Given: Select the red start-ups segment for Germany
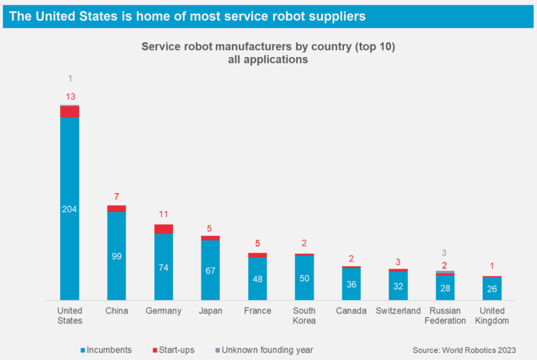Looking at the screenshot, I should pos(164,229).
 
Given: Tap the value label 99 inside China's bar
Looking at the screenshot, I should pos(116,256).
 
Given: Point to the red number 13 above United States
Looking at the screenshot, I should pos(70,97).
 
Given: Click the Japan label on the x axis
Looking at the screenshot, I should pos(210,311).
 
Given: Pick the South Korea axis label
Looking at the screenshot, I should pos(304,315).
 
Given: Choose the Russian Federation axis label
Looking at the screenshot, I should pos(445,315).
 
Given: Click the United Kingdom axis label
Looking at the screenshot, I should pos(492,315).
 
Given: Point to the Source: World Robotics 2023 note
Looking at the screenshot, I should pos(463,350).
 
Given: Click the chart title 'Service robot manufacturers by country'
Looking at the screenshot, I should pos(268,47).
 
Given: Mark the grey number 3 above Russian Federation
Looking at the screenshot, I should pos(445,253).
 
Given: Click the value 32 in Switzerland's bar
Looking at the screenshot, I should pos(398,286).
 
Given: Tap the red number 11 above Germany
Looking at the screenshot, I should pos(164,215).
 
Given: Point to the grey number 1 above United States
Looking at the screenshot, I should pos(70,79).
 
